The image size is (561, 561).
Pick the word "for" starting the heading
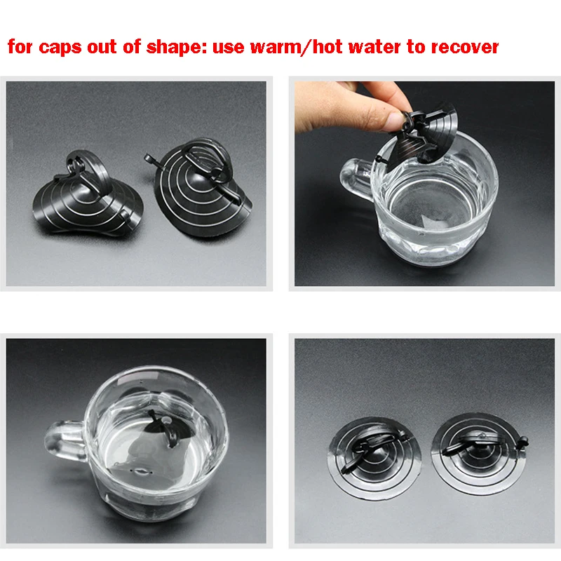(20, 48)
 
